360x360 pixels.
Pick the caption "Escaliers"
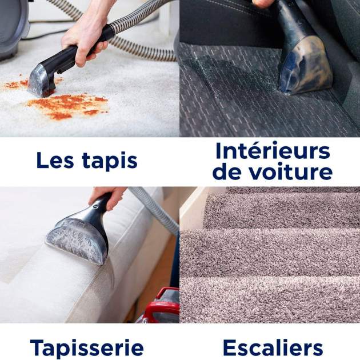coord(273,347)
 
